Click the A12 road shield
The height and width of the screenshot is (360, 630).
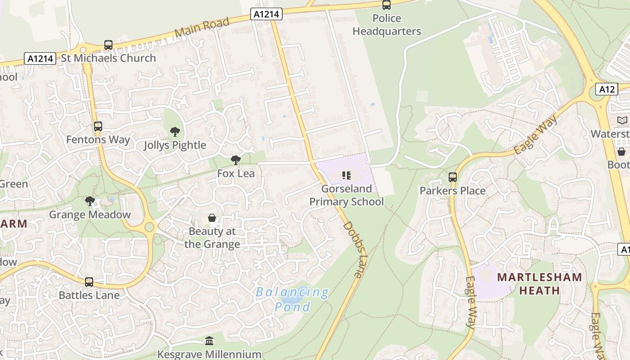click(x=607, y=89)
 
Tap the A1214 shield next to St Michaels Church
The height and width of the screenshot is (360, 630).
click(x=40, y=58)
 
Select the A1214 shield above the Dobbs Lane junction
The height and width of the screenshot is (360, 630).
click(x=266, y=14)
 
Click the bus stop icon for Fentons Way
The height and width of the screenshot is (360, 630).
click(x=98, y=127)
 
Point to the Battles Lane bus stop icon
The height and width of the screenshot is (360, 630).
click(x=89, y=282)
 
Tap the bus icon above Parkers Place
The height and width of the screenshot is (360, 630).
click(x=453, y=177)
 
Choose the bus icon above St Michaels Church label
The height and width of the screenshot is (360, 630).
click(x=108, y=45)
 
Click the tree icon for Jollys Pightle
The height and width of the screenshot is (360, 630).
click(x=175, y=132)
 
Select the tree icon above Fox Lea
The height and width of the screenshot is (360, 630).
click(x=235, y=160)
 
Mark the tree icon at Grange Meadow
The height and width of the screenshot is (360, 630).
click(x=90, y=201)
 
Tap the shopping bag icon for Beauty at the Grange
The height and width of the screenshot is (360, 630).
click(x=212, y=218)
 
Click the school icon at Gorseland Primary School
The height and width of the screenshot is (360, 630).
click(x=346, y=175)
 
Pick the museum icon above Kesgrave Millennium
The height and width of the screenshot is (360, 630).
click(x=209, y=341)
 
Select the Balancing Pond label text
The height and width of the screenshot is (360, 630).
click(x=292, y=299)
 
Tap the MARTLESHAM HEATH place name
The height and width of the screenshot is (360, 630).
click(x=539, y=283)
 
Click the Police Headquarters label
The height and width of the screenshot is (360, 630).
click(x=387, y=25)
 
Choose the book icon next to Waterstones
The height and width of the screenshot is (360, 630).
click(x=622, y=121)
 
